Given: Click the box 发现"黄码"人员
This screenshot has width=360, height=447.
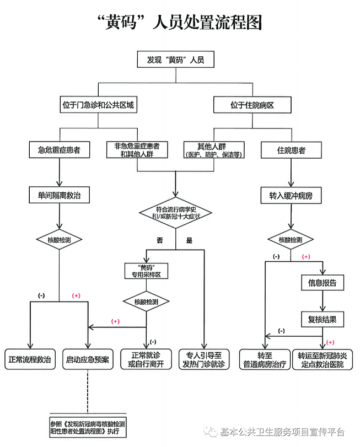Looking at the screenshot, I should (175, 60).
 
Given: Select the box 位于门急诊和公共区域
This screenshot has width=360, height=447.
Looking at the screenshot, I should (98, 105).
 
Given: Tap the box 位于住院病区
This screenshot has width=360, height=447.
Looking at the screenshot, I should (252, 105).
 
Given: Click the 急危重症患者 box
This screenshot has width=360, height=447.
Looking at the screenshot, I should (59, 149).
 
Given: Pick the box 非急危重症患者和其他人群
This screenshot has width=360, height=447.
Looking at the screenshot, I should (137, 149).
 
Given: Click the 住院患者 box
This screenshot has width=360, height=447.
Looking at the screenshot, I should (291, 149).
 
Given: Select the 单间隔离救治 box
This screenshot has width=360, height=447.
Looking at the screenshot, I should (59, 195).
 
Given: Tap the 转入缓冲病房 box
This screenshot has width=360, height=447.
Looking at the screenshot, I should (291, 195).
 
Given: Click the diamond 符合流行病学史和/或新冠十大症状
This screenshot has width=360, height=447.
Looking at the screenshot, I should (176, 212).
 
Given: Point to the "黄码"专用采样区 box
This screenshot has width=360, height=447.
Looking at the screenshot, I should (146, 271).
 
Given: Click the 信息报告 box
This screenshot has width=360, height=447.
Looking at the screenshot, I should (323, 283).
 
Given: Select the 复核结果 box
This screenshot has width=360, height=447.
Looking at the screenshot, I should (323, 318).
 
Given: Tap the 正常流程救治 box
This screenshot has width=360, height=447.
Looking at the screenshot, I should (30, 359).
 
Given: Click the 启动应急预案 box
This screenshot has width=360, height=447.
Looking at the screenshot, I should (88, 359).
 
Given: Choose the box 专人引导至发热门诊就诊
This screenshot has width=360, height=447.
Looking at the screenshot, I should (203, 359).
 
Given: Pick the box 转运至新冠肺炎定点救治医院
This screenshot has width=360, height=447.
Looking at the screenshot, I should (323, 359).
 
